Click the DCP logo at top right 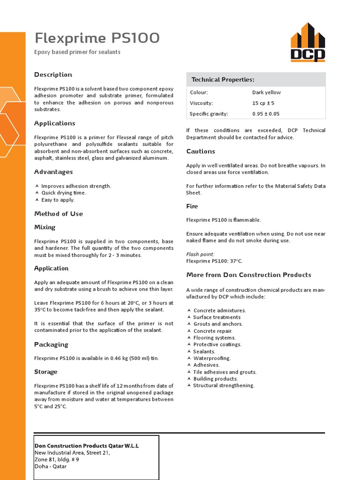(x=307, y=43)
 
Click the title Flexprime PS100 (x=97, y=37)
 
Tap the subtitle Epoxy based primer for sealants (x=77, y=52)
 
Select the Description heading (x=53, y=75)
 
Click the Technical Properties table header (x=223, y=80)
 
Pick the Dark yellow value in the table (x=266, y=92)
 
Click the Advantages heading (x=53, y=172)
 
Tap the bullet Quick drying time (x=64, y=193)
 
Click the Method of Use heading (x=59, y=214)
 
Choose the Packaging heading (x=51, y=345)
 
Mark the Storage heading (x=46, y=372)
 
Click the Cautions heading (x=201, y=151)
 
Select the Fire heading (x=192, y=206)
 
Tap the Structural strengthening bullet (x=224, y=385)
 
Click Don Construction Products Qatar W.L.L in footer (x=87, y=446)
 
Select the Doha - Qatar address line (x=51, y=466)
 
